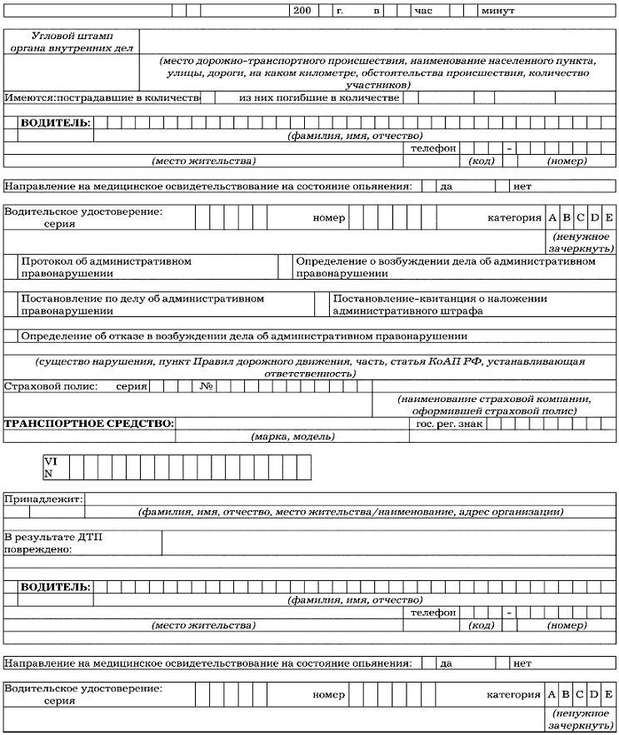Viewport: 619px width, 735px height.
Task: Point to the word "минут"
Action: tap(497, 12)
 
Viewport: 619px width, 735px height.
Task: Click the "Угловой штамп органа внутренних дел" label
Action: tap(72, 42)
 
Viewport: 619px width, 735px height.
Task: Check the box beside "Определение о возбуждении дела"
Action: tap(286, 266)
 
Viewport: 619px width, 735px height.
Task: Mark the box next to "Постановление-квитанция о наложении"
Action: tap(322, 304)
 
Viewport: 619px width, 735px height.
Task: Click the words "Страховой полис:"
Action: tap(51, 386)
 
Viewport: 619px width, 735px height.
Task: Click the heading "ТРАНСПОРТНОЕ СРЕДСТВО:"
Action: tap(90, 424)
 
